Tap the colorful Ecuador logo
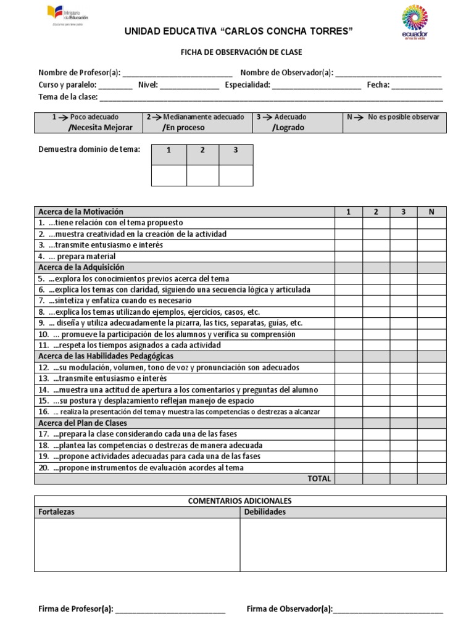click(x=414, y=21)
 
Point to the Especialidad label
click(x=247, y=85)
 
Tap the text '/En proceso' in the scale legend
click(x=184, y=128)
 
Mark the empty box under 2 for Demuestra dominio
click(x=202, y=175)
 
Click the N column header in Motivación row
click(x=431, y=212)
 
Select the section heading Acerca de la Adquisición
click(x=81, y=267)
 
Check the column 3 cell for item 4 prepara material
click(x=404, y=256)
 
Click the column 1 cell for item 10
click(x=348, y=335)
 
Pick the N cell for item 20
click(x=431, y=468)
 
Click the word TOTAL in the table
click(x=319, y=478)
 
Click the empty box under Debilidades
click(x=343, y=544)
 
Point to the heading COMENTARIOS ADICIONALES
click(x=240, y=501)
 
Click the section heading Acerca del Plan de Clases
click(x=83, y=423)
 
